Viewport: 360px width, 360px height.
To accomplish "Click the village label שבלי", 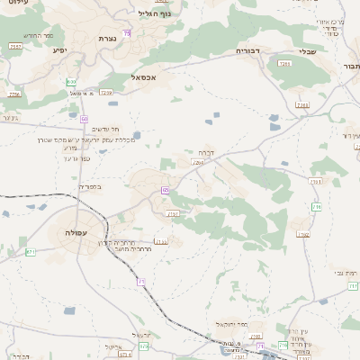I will click(306, 51).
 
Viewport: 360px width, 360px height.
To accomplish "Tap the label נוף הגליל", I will click(154, 13).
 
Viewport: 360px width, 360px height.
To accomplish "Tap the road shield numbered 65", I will click(166, 190).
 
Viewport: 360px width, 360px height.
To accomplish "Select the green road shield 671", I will click(31, 251).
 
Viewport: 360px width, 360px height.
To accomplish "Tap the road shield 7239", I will click(107, 92).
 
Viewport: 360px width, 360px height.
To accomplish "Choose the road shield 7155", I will click(162, 242).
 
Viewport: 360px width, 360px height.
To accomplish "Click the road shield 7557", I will click(14, 46).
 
